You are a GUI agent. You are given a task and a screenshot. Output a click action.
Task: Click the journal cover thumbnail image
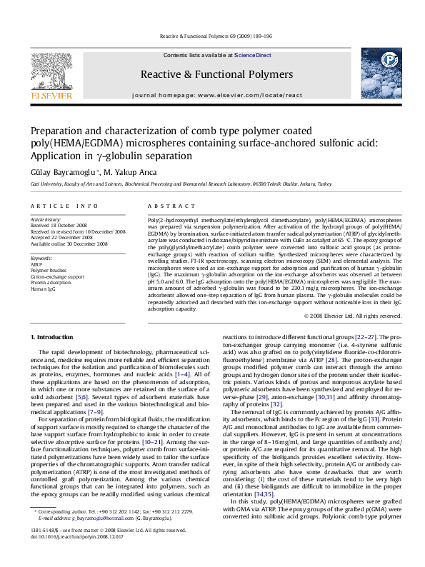374,74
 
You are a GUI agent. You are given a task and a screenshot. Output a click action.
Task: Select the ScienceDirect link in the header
253,55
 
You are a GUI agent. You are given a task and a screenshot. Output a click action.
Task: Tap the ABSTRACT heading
164,205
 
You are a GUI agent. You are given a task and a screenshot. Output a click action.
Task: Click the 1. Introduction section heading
54,336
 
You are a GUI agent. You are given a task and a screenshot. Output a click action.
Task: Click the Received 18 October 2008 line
60,226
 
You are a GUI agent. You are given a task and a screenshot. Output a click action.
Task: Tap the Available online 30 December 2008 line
69,243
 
